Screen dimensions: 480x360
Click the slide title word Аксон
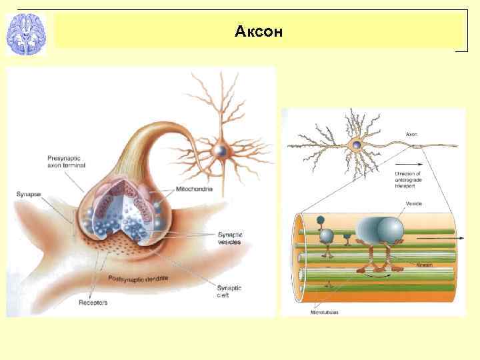259,31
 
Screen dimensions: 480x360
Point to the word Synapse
29,194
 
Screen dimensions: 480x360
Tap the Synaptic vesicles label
229,238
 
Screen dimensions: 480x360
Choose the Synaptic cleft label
228,291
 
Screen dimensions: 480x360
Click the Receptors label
93,303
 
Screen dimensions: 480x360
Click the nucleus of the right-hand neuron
358,145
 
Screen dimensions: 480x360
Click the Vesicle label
414,203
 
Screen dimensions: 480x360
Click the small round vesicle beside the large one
327,235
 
